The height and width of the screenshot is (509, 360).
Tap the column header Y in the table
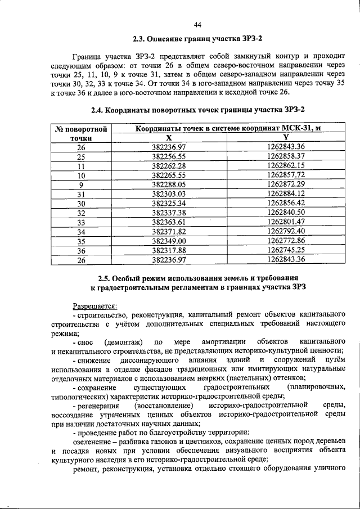click(x=286, y=137)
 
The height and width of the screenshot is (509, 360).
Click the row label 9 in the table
click(x=81, y=184)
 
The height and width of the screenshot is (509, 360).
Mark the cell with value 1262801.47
click(x=286, y=222)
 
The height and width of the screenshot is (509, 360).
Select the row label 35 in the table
click(x=81, y=241)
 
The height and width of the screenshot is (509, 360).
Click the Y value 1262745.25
click(x=286, y=250)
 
